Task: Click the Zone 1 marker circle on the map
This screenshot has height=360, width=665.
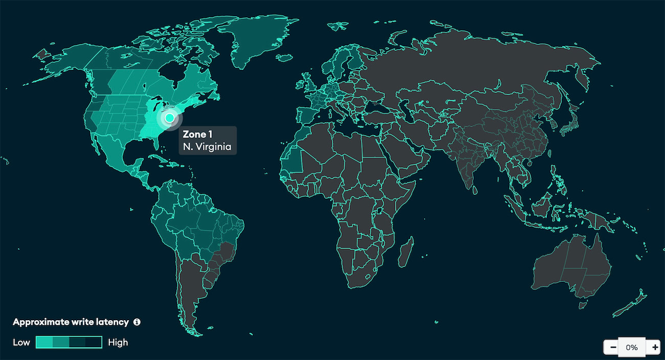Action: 169,118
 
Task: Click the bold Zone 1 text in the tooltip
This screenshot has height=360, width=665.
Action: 197,135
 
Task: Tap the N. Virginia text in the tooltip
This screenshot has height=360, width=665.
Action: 207,147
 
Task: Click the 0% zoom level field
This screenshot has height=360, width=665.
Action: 631,347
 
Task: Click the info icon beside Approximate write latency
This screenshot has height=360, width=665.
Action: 137,322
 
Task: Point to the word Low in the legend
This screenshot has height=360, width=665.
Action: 21,342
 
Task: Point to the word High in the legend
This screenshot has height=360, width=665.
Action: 118,342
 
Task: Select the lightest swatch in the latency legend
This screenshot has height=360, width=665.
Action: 45,342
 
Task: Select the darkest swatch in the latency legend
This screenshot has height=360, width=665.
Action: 94,342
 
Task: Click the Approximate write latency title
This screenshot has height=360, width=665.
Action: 71,322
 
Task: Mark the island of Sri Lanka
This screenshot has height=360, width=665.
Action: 474,189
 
